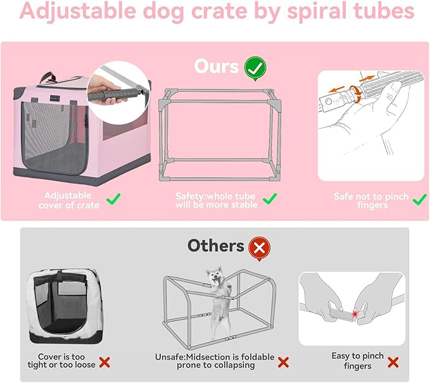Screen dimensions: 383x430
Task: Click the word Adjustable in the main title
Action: tap(75, 12)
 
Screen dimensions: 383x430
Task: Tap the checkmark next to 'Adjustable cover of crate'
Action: tap(114, 200)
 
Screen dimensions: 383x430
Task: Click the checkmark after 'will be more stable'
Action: tap(270, 200)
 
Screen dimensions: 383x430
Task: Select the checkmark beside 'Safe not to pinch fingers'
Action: tap(419, 200)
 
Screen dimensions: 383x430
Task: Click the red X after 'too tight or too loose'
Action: tap(105, 362)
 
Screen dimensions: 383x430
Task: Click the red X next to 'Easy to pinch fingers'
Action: tap(393, 362)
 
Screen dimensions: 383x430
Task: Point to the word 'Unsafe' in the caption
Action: tap(170, 357)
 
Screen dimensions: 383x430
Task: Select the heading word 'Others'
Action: tap(215, 246)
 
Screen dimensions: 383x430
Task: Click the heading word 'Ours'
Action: tap(217, 66)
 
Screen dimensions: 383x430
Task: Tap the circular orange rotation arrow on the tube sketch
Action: tap(358, 95)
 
